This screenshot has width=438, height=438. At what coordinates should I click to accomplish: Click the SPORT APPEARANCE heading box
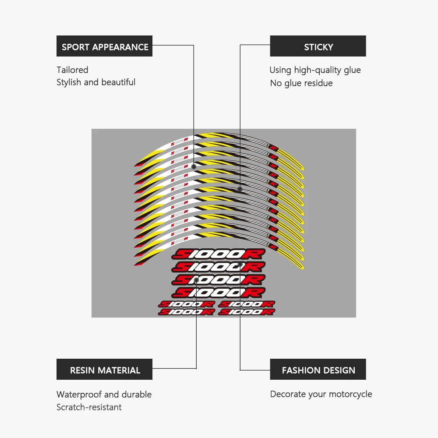(x=104, y=46)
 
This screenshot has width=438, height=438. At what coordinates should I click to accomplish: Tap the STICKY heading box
(x=318, y=46)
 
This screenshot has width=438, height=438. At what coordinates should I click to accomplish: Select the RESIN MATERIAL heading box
(x=104, y=370)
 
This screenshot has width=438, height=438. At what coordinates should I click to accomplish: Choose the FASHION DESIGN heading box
(x=318, y=370)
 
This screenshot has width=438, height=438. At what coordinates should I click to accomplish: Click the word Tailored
(x=72, y=70)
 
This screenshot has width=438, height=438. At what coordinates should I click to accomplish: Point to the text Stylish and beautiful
(x=96, y=82)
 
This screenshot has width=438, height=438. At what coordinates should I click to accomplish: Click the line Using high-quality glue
(x=315, y=70)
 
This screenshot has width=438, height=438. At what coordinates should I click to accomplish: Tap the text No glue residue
(x=301, y=83)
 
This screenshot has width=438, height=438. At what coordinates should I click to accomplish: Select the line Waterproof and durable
(x=104, y=394)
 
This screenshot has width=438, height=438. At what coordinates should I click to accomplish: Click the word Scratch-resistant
(x=89, y=407)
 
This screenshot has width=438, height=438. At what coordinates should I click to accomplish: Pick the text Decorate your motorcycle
(x=321, y=394)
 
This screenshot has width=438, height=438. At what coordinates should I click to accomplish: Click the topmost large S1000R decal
(x=219, y=254)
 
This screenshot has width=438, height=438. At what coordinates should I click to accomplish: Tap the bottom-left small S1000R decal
(x=186, y=312)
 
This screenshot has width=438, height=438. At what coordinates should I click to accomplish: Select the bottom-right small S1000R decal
(x=246, y=312)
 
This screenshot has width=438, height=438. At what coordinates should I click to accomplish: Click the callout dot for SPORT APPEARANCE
(x=194, y=167)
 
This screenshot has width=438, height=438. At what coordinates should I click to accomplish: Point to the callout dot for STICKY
(x=240, y=189)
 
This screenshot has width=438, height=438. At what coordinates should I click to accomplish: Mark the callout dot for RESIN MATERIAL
(x=196, y=279)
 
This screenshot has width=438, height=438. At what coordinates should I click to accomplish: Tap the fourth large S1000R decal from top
(x=219, y=292)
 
